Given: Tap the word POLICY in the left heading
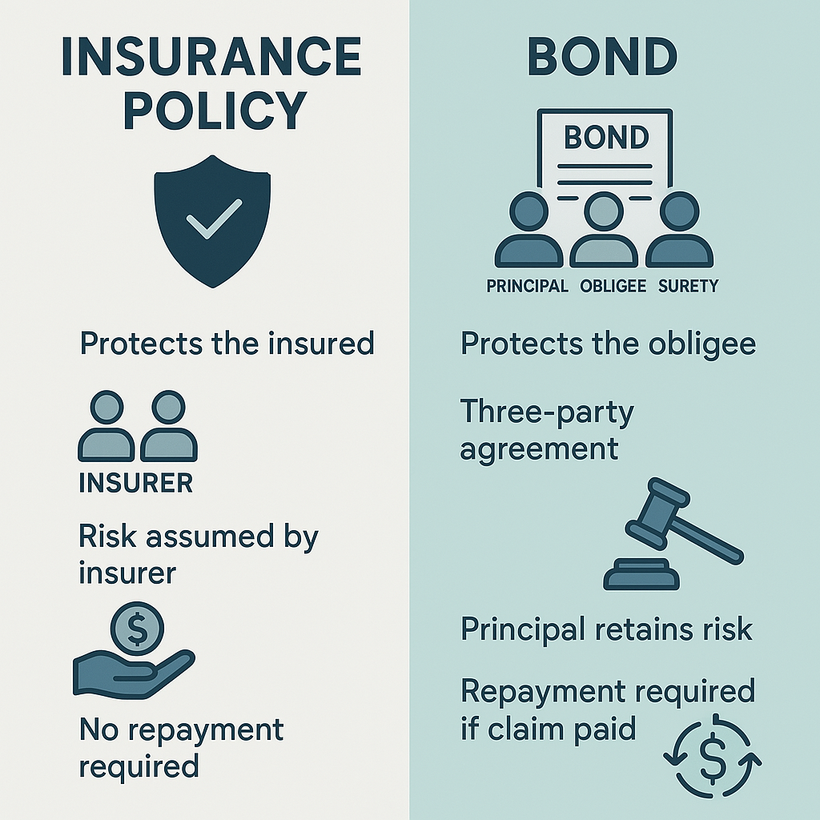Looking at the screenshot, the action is (215, 110).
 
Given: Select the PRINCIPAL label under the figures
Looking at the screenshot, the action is (527, 286).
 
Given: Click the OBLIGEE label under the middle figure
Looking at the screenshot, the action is (613, 286).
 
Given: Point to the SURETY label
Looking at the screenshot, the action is (688, 286).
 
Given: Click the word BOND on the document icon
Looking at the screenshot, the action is (606, 138).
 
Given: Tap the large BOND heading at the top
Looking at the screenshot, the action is (602, 57).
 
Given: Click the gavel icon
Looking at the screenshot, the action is (673, 534).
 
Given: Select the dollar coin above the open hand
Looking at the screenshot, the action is (138, 628).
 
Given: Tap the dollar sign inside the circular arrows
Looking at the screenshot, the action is (712, 758).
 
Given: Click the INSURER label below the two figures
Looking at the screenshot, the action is (136, 483).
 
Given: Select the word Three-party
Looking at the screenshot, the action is (547, 412).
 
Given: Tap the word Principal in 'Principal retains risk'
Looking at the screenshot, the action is (522, 629).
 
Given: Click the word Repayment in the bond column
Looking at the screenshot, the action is (544, 693).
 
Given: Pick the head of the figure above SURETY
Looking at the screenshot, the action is (679, 211).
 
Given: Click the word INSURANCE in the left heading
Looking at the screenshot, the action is (211, 57).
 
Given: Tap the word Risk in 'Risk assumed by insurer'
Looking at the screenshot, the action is (107, 537).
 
